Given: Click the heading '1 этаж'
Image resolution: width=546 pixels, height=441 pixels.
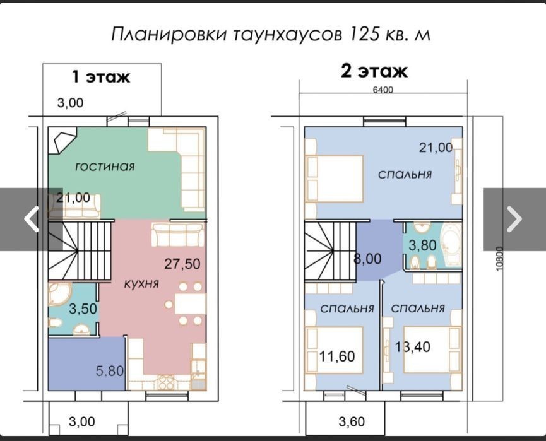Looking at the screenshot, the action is (100, 77).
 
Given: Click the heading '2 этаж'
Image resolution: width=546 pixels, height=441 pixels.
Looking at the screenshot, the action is (374, 71).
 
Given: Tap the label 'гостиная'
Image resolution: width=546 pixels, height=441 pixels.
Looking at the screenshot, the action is (105, 167).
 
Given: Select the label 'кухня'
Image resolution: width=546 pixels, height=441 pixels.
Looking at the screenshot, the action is (141, 283).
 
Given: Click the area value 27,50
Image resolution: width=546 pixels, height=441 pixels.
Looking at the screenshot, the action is (182, 264).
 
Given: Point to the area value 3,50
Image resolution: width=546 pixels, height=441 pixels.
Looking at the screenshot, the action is (83, 309).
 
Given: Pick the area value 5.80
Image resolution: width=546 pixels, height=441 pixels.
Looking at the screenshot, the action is (110, 371).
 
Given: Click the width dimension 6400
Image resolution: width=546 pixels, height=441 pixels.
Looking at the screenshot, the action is (383, 90).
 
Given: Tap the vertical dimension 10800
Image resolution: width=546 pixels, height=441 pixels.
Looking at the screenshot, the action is (500, 259).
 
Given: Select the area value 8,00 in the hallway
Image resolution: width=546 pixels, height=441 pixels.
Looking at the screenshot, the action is (367, 259).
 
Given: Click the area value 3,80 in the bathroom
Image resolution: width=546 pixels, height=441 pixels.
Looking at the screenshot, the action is (422, 245).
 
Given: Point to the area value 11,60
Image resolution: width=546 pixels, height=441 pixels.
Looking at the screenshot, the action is (337, 356).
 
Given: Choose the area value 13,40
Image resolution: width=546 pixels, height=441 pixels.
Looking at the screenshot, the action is (413, 346).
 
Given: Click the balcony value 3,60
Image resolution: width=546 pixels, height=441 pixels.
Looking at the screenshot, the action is (352, 422).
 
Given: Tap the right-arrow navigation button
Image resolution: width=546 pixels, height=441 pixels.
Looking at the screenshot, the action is (514, 219).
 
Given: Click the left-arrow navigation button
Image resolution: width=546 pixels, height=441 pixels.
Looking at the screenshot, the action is (32, 219).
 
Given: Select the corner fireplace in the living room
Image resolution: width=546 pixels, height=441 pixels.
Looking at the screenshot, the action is (62, 140).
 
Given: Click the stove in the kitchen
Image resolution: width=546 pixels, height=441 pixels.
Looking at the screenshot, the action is (166, 382).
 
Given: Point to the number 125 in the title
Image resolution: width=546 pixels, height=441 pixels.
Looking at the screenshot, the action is (364, 35).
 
